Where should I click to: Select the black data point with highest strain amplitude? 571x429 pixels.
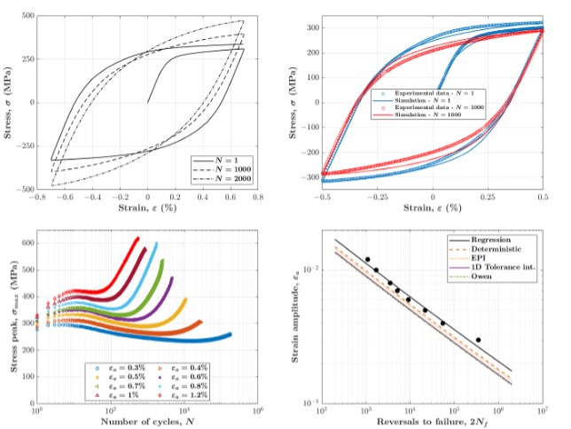[367, 260]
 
